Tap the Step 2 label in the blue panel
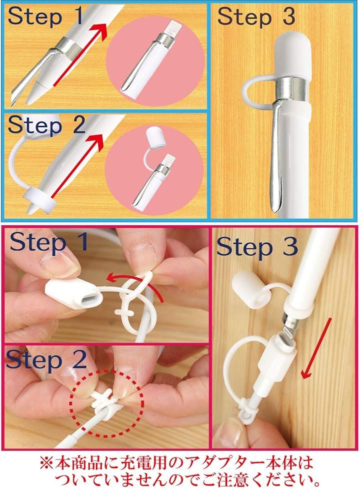click(x=46, y=125)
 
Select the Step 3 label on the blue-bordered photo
click(x=256, y=16)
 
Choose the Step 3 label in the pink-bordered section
click(x=257, y=247)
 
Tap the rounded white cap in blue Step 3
click(x=292, y=56)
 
